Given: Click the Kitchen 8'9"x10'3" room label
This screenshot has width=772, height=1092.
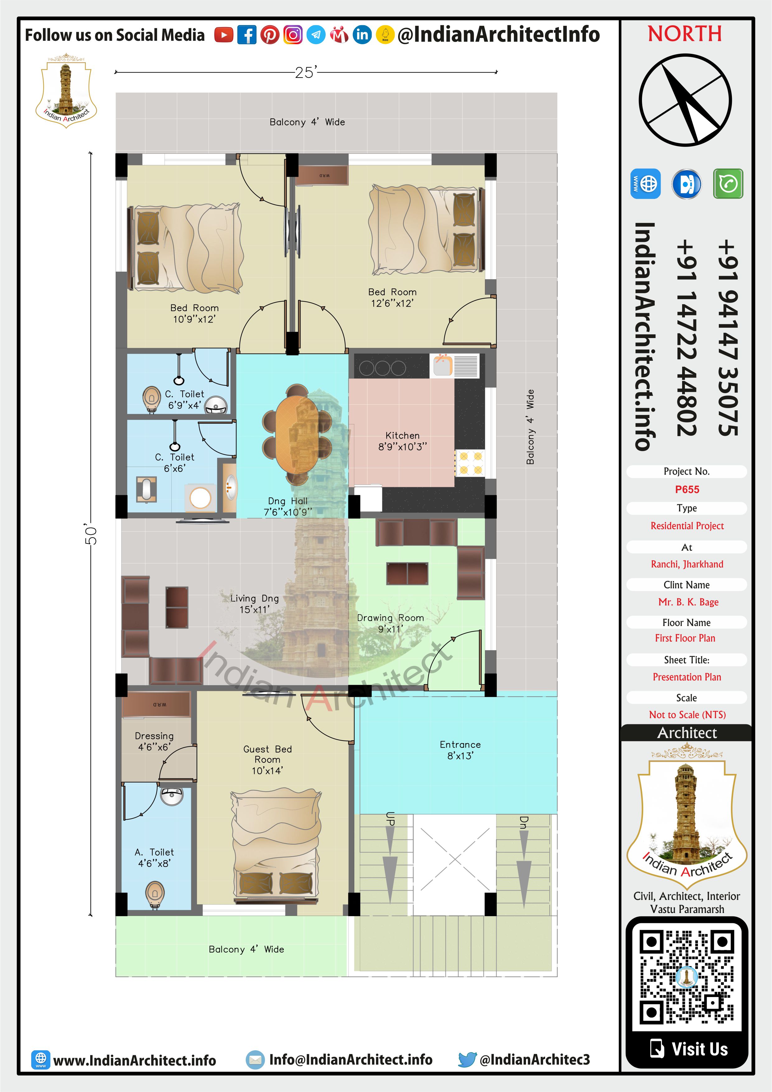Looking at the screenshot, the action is pyautogui.click(x=402, y=441).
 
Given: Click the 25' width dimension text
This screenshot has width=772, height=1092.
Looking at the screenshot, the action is pyautogui.click(x=305, y=72).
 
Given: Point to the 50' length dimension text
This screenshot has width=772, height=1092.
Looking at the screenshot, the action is pyautogui.click(x=91, y=534).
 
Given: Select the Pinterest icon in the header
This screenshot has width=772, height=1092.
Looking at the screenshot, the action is pyautogui.click(x=270, y=35).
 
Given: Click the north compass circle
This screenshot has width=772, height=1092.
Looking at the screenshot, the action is pyautogui.click(x=685, y=100).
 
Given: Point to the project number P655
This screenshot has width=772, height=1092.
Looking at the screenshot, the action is pyautogui.click(x=687, y=489).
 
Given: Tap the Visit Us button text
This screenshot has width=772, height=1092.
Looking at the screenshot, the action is pyautogui.click(x=699, y=1049).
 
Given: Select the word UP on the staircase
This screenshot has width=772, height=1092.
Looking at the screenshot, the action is pyautogui.click(x=390, y=818).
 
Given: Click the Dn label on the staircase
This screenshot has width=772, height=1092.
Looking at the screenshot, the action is pyautogui.click(x=523, y=823).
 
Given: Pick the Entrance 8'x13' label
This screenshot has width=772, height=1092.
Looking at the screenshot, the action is pyautogui.click(x=460, y=750).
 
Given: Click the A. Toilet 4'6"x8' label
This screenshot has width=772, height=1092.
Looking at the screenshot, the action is pyautogui.click(x=155, y=858).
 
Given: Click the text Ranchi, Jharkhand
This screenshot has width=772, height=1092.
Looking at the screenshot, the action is pyautogui.click(x=687, y=564).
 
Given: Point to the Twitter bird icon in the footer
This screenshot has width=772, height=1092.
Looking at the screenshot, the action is pyautogui.click(x=467, y=1060).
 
